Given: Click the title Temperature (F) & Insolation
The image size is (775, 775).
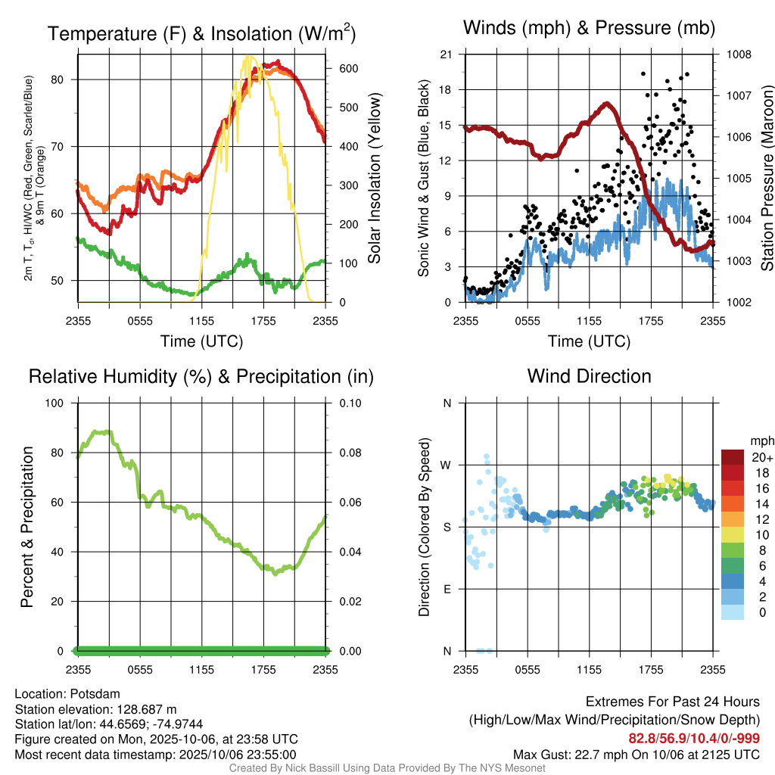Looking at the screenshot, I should point(201,34).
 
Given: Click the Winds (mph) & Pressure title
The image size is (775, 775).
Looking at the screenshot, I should point(589,28).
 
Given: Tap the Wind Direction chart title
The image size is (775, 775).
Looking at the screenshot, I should point(589,376).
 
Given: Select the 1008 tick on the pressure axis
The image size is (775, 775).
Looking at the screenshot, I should point(739,54).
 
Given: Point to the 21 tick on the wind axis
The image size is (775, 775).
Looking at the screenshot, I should point(447,54).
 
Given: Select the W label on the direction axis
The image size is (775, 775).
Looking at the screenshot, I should point(447,465).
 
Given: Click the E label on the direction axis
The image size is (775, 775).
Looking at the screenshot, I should point(447,589).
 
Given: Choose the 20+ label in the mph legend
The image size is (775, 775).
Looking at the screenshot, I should point(761,457).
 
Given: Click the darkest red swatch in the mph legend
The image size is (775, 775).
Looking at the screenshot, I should point(733,457).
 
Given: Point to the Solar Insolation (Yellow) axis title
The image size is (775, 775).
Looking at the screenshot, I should point(374,178).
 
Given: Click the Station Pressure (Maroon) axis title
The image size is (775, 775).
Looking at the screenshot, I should point(767,178).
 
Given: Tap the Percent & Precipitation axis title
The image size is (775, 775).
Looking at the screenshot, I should point(26,527).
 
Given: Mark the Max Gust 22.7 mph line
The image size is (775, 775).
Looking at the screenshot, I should point(636,755).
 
